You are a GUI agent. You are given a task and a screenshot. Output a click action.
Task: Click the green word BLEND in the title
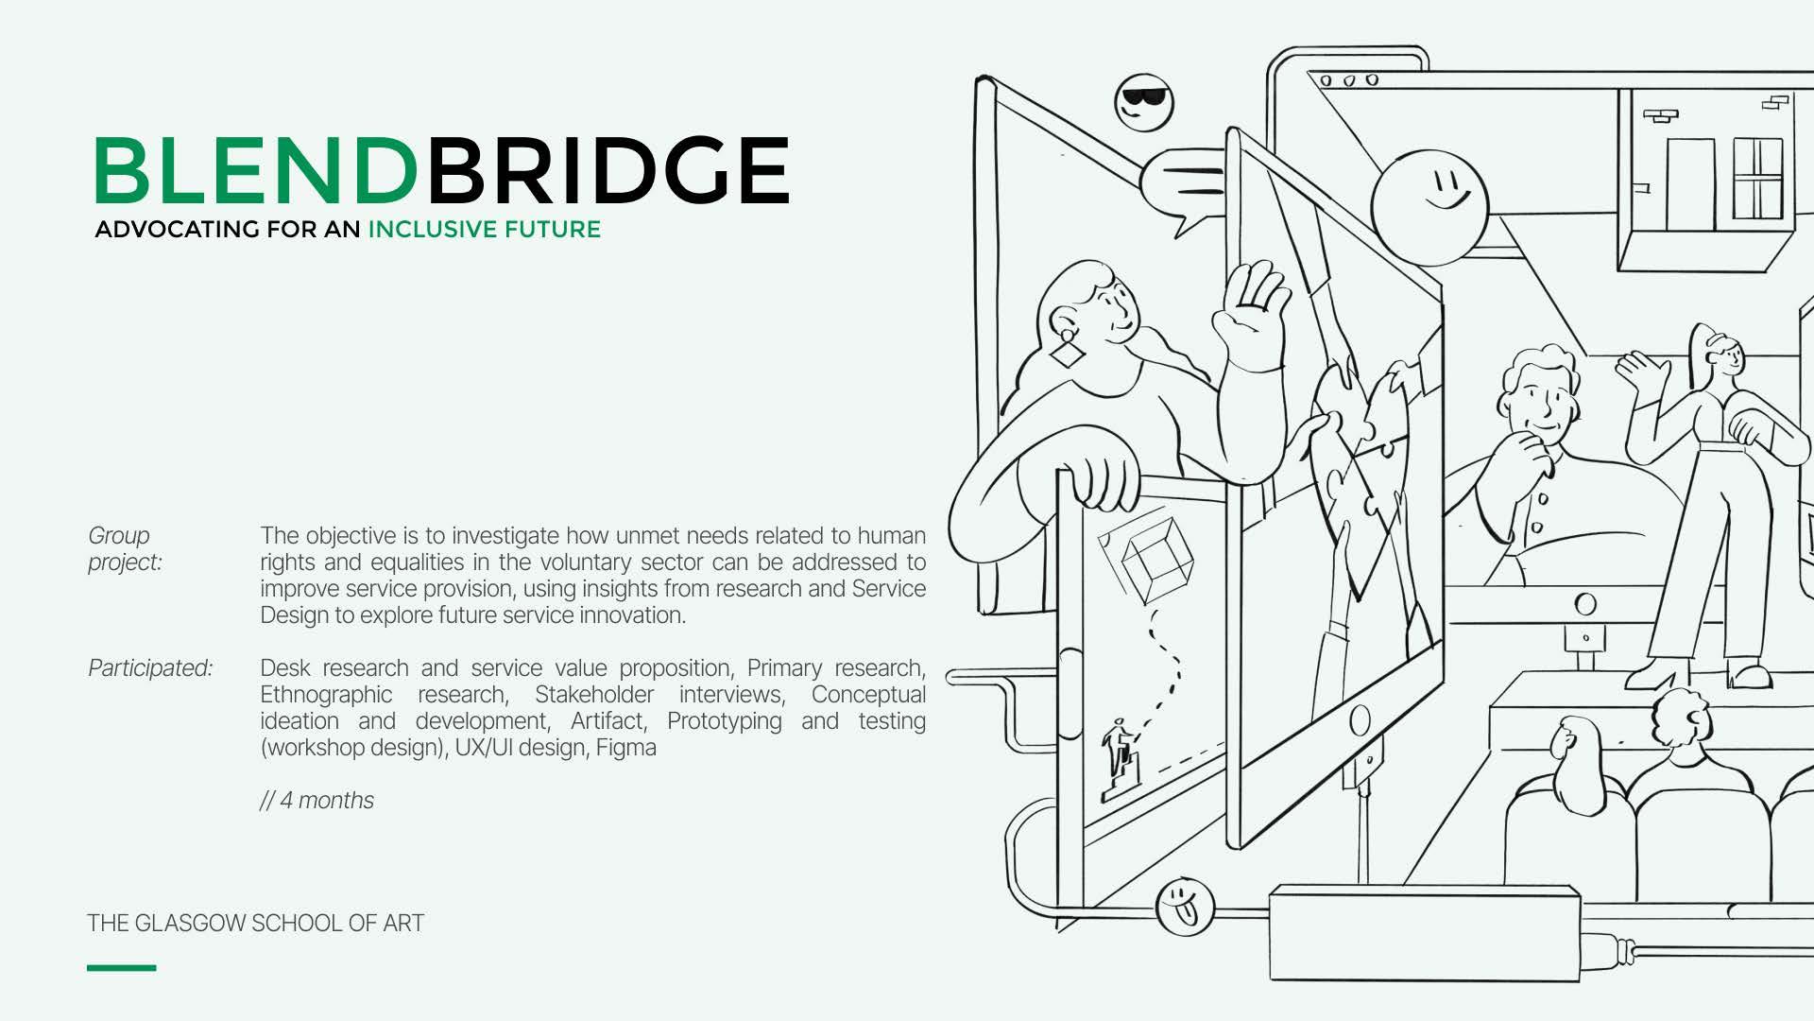tap(255, 170)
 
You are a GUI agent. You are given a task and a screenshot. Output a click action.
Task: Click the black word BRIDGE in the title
tap(608, 170)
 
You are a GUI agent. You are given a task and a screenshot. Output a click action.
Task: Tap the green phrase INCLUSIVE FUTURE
tap(484, 230)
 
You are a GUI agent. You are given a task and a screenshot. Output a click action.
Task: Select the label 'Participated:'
tap(150, 668)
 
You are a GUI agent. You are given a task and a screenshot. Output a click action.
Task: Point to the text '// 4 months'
tap(317, 801)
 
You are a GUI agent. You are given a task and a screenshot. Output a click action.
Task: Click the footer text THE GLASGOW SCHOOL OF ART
tap(255, 924)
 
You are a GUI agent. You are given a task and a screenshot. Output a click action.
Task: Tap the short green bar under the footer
tap(121, 967)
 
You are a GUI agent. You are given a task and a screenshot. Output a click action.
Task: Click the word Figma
tap(625, 748)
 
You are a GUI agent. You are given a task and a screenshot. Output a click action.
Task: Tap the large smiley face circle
tap(1429, 206)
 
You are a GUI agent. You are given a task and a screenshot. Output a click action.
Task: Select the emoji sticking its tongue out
tap(1183, 906)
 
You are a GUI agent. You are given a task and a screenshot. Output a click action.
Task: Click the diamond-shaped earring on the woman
tap(1069, 353)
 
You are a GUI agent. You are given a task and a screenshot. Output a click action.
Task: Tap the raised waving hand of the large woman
tap(1251, 312)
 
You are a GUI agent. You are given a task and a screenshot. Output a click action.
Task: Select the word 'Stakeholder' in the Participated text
tap(593, 695)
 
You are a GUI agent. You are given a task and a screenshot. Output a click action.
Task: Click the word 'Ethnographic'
tap(326, 695)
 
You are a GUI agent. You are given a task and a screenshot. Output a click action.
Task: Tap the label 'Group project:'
tap(125, 549)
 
